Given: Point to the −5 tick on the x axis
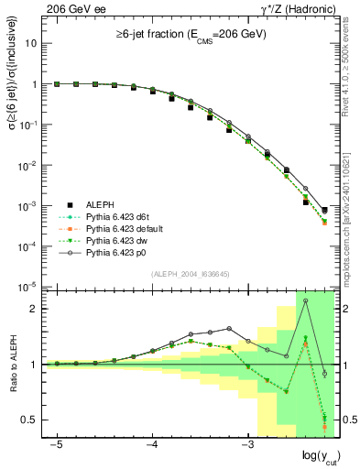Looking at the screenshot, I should [58, 444].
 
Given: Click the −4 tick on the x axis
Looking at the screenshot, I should [152, 444].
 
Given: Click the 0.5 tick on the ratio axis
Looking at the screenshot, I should [34, 420].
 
